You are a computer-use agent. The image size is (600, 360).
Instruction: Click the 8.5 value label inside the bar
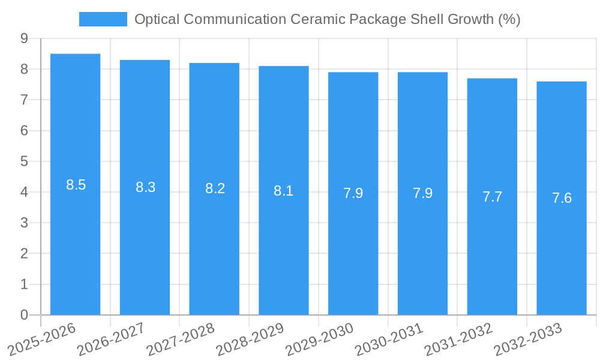coord(76,185)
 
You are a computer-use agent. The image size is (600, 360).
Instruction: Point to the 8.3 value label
coord(145,187)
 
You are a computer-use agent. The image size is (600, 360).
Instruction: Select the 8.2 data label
coord(215,188)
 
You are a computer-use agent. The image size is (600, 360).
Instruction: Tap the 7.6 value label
coord(562,198)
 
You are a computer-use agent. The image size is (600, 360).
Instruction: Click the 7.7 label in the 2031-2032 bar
coord(492,196)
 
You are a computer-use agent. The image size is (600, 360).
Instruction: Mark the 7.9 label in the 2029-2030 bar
coord(353,193)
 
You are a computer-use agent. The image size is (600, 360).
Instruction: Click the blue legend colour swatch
coord(103,19)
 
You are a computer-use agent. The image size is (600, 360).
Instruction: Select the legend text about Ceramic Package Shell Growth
coord(327,19)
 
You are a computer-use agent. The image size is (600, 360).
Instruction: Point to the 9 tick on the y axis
coord(24,38)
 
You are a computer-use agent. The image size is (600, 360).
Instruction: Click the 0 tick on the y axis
coord(24,315)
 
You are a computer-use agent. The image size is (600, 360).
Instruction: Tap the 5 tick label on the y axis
coord(24,161)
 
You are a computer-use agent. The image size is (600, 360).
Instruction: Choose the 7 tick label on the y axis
coord(24,100)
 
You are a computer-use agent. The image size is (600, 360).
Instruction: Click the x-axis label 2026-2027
coord(112,339)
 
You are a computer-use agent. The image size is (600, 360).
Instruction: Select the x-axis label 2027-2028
coord(181,339)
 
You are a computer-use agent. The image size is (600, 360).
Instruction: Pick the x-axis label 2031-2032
coord(459,339)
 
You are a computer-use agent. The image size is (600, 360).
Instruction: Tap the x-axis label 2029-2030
coord(320,339)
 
